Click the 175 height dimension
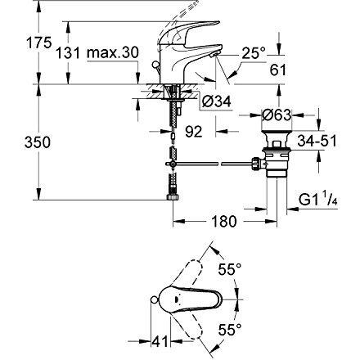[x=38, y=43]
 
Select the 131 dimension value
[x=68, y=52]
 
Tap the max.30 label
[x=113, y=52]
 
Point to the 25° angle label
[x=254, y=52]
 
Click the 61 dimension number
[x=278, y=70]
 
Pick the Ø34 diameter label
[x=217, y=101]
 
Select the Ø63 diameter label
[x=277, y=115]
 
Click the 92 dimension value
[x=194, y=132]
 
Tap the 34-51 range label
[x=317, y=141]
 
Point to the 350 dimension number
[x=38, y=142]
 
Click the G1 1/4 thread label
[x=318, y=200]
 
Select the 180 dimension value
[x=223, y=221]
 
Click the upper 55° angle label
[x=230, y=269]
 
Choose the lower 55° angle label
[x=230, y=330]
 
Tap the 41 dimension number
[x=160, y=341]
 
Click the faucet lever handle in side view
[x=189, y=32]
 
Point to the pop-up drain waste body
[x=277, y=155]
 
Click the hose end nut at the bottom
[x=173, y=197]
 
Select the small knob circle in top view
[x=154, y=299]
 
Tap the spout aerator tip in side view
[x=213, y=55]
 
